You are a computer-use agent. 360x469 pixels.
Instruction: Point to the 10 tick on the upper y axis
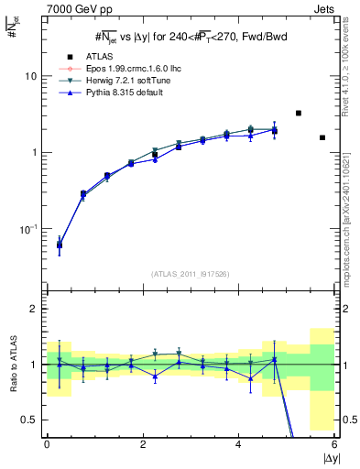(x=32, y=76)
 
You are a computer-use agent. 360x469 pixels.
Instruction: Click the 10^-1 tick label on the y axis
(x=29, y=228)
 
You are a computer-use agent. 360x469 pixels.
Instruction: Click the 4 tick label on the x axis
(x=239, y=444)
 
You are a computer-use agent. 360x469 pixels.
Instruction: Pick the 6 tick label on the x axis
(x=334, y=444)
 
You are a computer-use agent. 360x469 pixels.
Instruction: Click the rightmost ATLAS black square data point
(x=322, y=137)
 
